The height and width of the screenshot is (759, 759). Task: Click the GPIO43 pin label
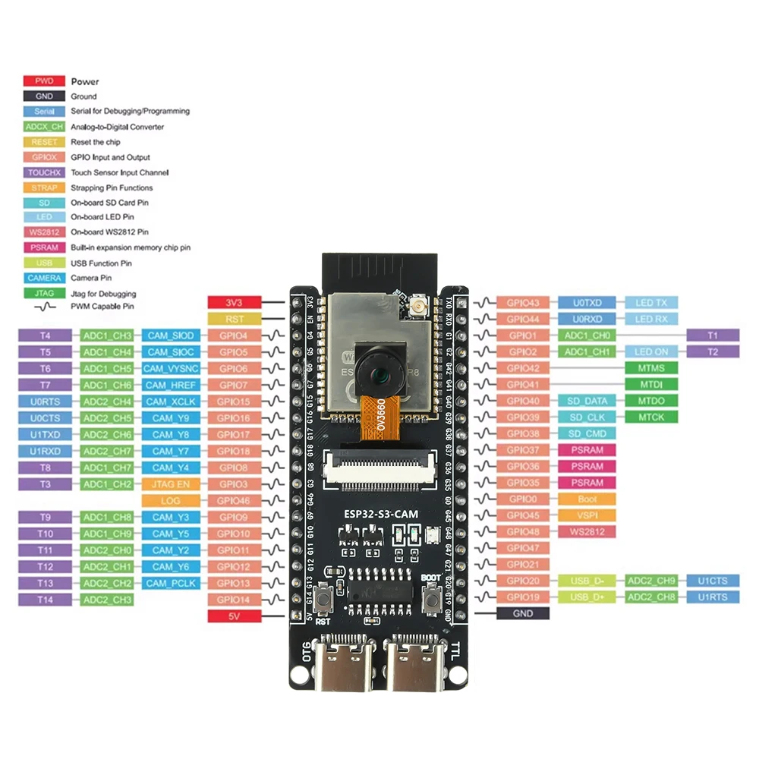524,303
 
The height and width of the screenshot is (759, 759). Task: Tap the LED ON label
651,351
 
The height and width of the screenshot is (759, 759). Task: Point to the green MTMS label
651,368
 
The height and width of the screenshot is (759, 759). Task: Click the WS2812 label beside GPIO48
587,531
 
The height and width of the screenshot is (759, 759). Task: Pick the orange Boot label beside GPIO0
587,499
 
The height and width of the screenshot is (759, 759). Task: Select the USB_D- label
587,581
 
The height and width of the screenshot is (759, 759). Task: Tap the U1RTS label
712,597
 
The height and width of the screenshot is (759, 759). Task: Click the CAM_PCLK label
172,583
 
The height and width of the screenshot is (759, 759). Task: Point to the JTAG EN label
172,483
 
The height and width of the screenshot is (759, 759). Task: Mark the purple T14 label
46,600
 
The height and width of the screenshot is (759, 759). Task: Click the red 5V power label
235,616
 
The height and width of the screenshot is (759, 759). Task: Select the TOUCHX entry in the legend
45,172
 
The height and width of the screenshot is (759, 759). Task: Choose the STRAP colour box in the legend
45,187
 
